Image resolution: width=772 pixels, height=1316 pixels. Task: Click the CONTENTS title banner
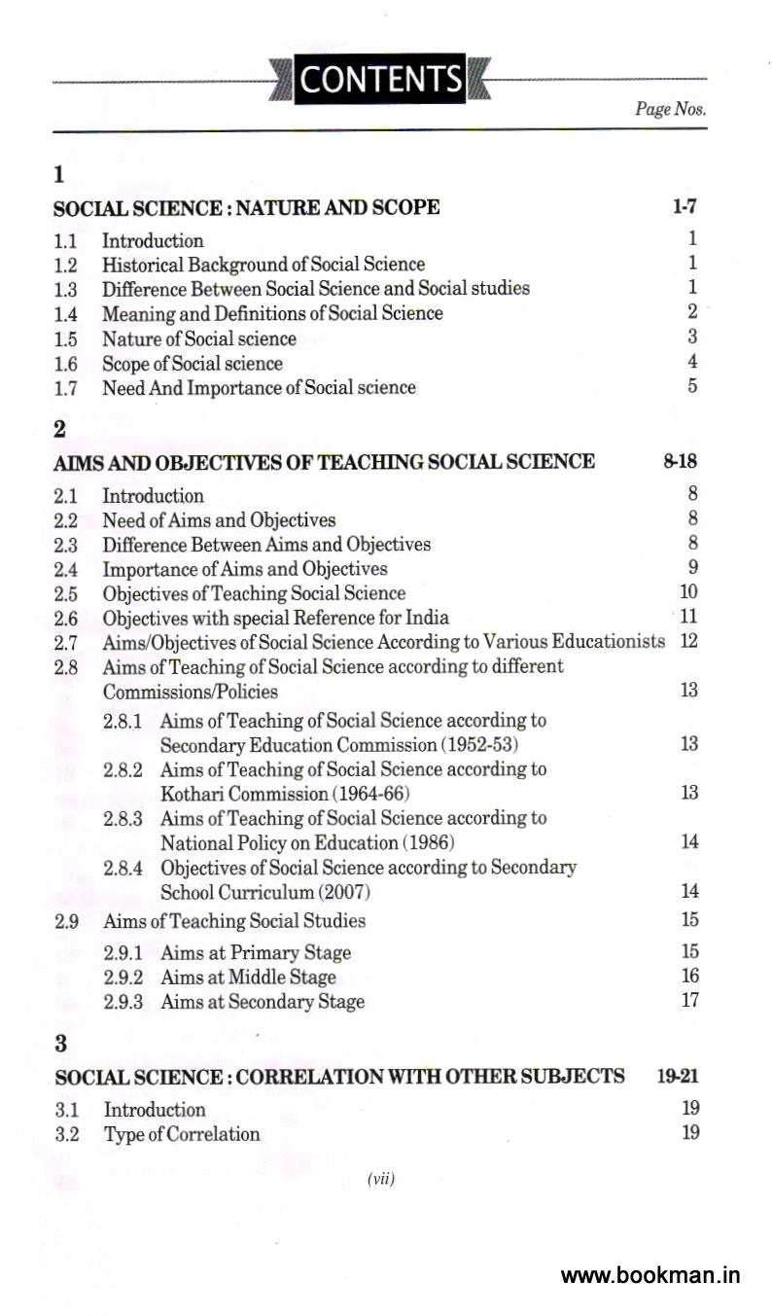click(381, 79)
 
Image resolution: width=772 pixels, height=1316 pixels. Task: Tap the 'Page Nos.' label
click(670, 109)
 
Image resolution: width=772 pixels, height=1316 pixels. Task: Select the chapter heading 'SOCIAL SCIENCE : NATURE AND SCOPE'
click(247, 207)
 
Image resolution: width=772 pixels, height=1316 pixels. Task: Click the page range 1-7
click(684, 206)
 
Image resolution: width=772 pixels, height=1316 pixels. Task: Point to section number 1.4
click(66, 313)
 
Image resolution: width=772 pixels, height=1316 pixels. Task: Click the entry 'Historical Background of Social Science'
click(263, 264)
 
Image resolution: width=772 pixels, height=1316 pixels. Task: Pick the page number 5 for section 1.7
click(692, 386)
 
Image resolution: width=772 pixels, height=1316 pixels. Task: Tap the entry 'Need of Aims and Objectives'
click(219, 520)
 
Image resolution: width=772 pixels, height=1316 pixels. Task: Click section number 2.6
click(66, 618)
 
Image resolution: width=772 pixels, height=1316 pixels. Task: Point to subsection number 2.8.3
click(123, 819)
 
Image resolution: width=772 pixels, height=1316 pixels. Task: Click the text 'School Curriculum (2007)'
click(265, 892)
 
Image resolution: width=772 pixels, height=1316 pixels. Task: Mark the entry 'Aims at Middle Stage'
click(248, 978)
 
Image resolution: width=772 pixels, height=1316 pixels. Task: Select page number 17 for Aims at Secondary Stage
click(689, 1000)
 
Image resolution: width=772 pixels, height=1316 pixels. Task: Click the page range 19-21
click(678, 1076)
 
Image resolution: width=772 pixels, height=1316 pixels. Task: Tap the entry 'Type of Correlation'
click(182, 1134)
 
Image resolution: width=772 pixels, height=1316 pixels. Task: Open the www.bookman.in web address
click(650, 1276)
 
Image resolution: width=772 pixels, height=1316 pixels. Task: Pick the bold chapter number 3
click(60, 1045)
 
